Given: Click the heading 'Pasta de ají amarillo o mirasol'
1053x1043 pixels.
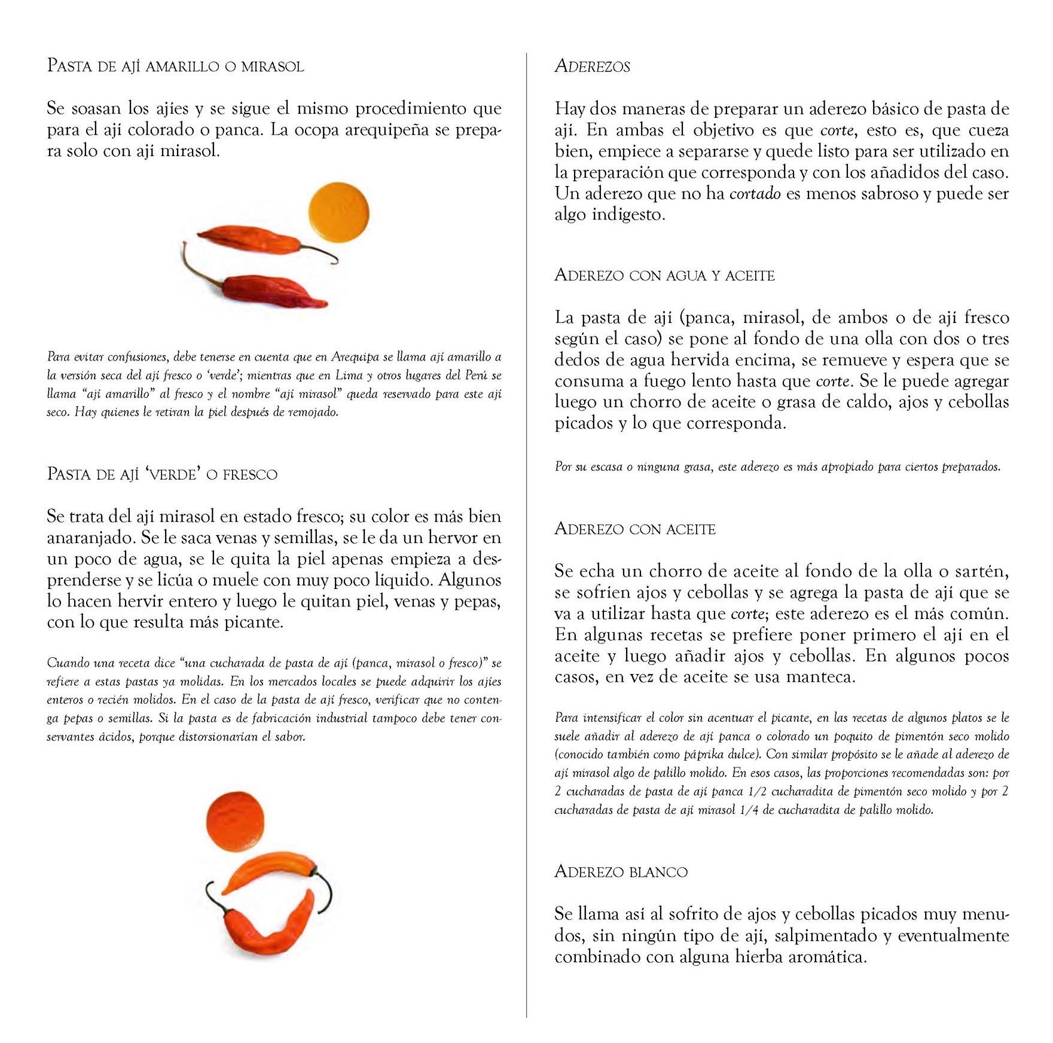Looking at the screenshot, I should (x=175, y=66).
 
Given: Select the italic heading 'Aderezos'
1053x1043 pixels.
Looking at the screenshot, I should (x=592, y=66).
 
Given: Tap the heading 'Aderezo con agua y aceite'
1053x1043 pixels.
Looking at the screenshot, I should (x=664, y=275).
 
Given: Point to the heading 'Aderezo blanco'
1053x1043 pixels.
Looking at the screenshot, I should (x=621, y=871).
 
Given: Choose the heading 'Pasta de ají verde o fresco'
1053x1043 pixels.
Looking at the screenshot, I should (x=162, y=474).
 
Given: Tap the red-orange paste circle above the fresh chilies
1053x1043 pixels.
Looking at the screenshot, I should (x=235, y=819).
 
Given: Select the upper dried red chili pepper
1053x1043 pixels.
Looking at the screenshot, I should (x=251, y=239).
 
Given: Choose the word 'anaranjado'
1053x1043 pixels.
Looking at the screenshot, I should (x=91, y=538).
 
